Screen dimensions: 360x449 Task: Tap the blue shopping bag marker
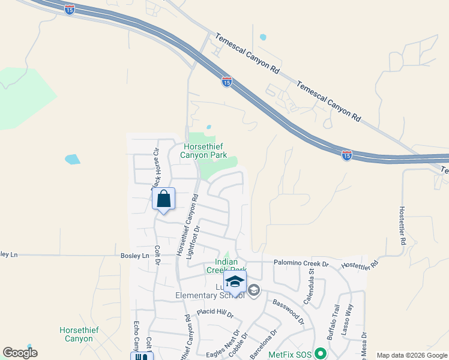(x=163, y=199)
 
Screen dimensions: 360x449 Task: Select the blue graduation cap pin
(x=235, y=281)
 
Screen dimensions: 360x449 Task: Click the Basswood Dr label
(x=288, y=312)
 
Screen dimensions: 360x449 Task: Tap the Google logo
(x=20, y=353)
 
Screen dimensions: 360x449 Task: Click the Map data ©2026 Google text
(x=412, y=355)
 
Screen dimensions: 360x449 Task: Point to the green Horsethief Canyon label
(x=76, y=334)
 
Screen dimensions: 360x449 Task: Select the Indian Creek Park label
(x=222, y=266)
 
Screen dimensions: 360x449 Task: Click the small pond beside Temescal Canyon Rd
(x=263, y=37)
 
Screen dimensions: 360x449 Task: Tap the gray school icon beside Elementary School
(x=254, y=291)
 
